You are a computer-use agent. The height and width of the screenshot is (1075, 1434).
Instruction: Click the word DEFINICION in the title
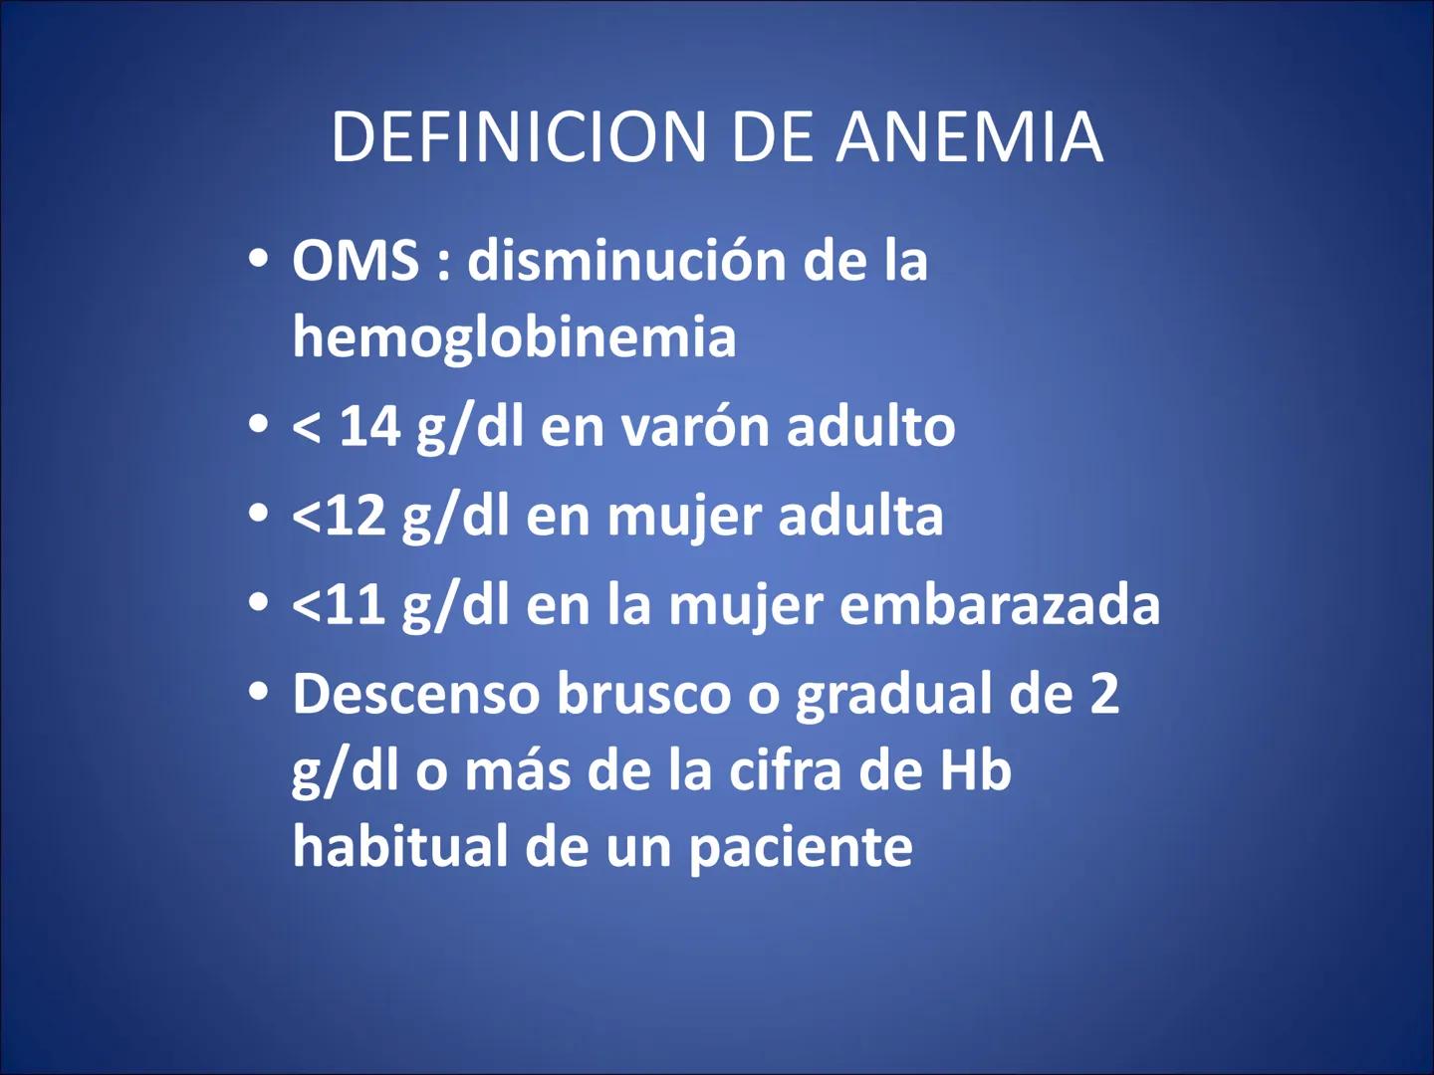(x=519, y=137)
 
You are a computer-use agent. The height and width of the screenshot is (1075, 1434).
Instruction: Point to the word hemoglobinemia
(x=514, y=336)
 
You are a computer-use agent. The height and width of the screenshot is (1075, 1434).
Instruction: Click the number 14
(x=369, y=427)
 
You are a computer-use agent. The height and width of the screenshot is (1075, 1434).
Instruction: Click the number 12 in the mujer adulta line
(x=354, y=517)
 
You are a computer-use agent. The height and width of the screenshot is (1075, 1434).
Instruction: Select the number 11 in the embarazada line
(x=354, y=605)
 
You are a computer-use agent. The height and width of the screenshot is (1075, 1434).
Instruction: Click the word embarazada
(x=1000, y=605)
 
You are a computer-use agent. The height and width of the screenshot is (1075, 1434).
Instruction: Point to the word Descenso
(x=416, y=694)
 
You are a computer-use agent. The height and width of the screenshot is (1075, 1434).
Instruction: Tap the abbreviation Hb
(x=975, y=770)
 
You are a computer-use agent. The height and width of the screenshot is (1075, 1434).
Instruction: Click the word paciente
(x=800, y=848)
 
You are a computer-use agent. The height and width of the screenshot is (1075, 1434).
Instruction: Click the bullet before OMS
(x=259, y=261)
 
